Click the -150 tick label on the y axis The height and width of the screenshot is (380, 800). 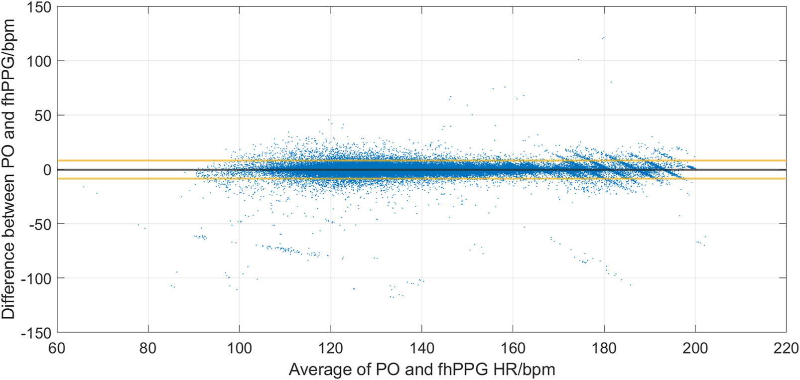[x=36, y=333]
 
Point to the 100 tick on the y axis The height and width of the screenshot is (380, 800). [x=40, y=61]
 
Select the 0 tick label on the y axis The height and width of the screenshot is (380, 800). [x=47, y=170]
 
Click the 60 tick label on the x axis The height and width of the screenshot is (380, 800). [x=57, y=348]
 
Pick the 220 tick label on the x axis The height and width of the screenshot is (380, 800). [x=786, y=348]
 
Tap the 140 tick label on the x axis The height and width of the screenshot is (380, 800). [x=421, y=348]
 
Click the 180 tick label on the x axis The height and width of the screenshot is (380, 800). [x=604, y=348]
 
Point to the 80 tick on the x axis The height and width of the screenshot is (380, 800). [x=148, y=348]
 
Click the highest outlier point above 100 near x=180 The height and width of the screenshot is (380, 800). [x=603, y=38]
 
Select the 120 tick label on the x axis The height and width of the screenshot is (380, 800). [x=330, y=348]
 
